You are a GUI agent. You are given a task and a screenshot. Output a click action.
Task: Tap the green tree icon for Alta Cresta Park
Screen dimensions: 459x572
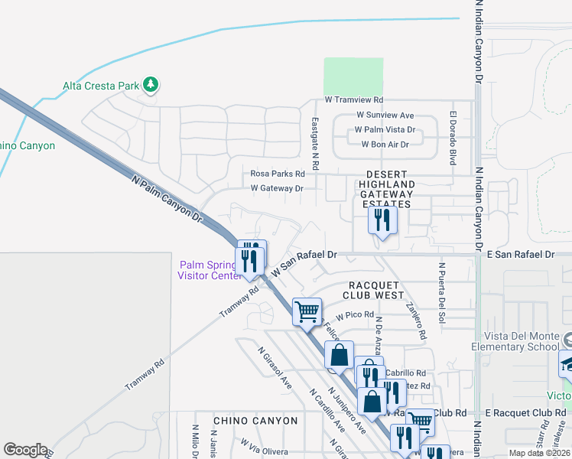(x=151, y=84)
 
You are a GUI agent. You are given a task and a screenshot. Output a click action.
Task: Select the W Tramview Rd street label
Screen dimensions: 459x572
(x=353, y=100)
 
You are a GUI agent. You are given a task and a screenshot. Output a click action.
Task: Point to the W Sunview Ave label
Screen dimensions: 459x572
(x=385, y=115)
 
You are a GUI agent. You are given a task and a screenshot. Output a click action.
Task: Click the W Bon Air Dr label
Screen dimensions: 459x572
(x=385, y=144)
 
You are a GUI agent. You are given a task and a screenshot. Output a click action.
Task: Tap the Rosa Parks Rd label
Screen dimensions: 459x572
(x=272, y=174)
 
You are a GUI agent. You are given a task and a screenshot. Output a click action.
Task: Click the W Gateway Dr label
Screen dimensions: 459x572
(x=277, y=188)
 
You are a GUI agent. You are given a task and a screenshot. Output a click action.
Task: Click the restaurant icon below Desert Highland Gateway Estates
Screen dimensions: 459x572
(x=380, y=221)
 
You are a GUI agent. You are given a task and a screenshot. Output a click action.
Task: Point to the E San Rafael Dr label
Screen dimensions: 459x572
(x=519, y=254)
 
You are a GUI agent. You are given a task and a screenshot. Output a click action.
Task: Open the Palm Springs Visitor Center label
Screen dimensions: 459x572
(x=210, y=270)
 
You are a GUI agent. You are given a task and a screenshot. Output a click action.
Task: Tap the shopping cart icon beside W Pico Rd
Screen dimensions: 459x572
(x=307, y=311)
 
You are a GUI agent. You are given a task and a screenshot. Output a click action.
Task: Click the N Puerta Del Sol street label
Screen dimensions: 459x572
(x=442, y=294)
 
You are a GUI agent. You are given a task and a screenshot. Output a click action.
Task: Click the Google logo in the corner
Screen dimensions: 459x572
(x=25, y=450)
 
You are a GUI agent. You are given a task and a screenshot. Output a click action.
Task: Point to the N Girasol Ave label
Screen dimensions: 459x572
(x=275, y=368)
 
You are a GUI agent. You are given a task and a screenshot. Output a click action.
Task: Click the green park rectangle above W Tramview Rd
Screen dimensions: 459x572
(x=353, y=76)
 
